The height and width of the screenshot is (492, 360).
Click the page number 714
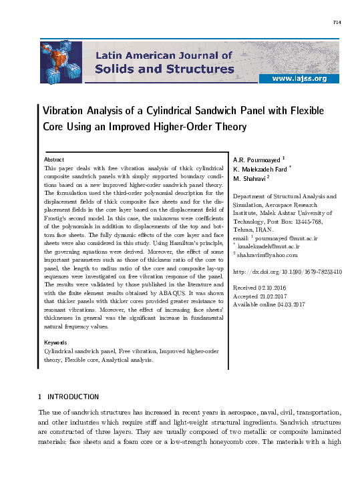[337, 23]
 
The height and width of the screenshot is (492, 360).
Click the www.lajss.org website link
[299, 79]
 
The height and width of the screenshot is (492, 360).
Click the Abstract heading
[53, 160]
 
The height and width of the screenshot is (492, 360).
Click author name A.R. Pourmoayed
[256, 160]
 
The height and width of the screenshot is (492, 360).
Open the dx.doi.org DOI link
[287, 272]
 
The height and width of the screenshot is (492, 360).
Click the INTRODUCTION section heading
[73, 397]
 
